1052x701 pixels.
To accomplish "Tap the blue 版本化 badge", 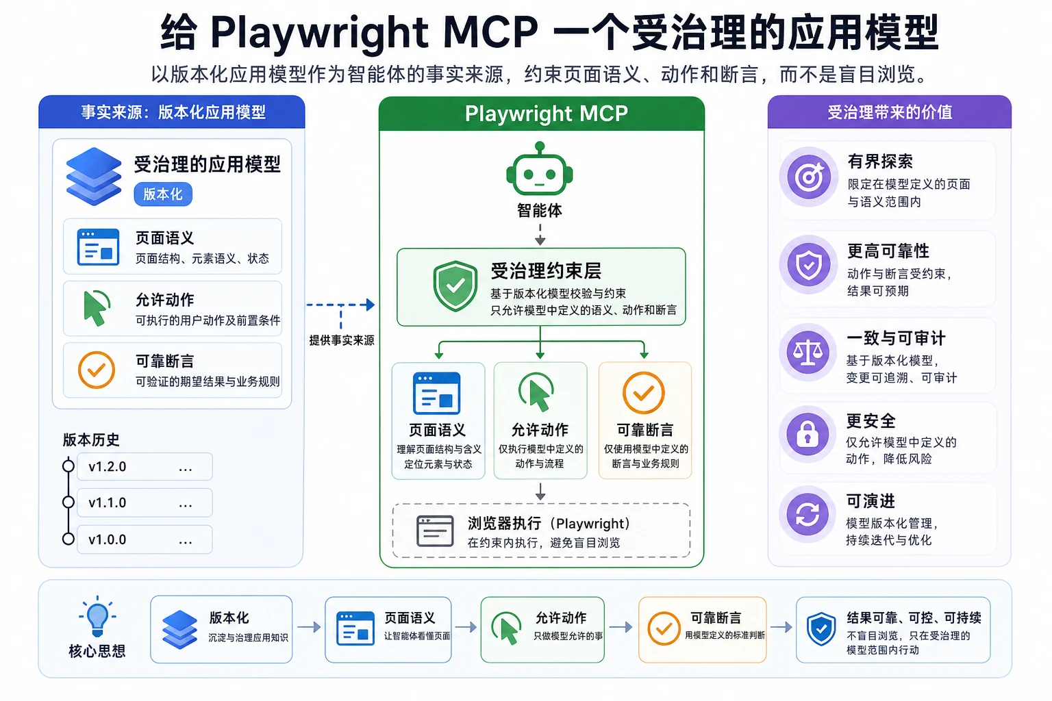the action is (163, 194).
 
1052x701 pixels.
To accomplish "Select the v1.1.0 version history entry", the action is (145, 503).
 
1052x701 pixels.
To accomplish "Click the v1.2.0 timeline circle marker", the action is (68, 466).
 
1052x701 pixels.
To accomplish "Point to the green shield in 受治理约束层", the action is (455, 286).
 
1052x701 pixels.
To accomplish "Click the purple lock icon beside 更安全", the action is (807, 433).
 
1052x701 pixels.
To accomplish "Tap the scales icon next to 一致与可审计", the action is (807, 352).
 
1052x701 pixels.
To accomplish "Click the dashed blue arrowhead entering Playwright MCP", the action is (371, 305).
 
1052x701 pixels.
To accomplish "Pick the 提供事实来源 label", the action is (342, 340).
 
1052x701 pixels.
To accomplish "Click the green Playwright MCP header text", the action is (546, 114).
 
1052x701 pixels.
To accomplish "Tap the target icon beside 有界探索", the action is (809, 177).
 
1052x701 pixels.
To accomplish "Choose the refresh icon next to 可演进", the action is (807, 515).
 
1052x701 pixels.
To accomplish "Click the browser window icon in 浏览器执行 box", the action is (435, 531).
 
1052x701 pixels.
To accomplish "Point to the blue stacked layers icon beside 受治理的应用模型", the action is (94, 177).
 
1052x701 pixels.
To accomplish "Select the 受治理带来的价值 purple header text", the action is (890, 112).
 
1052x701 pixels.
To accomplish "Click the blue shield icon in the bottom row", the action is (821, 628).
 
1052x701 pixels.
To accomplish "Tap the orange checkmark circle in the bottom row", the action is (664, 628).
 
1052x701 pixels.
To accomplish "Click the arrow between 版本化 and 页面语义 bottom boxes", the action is (309, 627).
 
